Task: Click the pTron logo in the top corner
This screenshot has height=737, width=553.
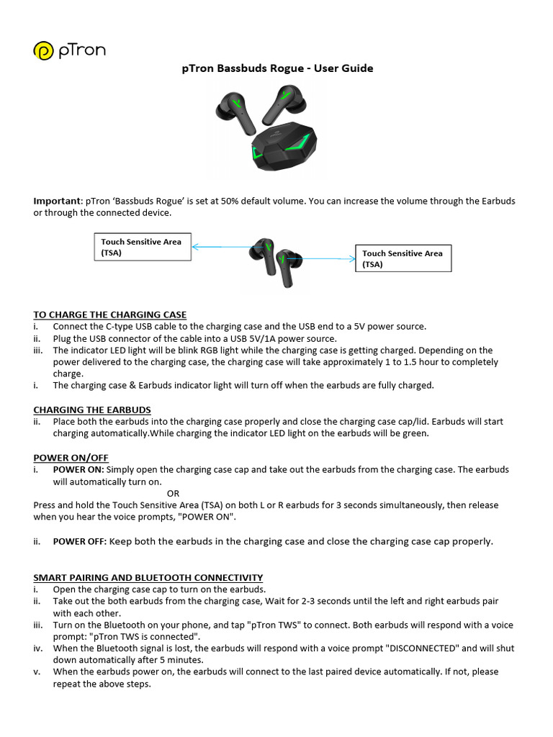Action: (68, 51)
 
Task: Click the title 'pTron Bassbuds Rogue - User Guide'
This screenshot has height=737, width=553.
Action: (276, 68)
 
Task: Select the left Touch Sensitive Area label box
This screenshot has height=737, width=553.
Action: (143, 247)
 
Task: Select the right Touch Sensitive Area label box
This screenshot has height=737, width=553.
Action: (403, 258)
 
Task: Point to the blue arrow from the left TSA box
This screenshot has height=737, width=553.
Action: (220, 247)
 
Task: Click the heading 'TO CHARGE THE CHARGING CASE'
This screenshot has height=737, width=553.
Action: (109, 315)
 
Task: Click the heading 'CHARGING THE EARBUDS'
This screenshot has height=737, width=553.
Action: (92, 410)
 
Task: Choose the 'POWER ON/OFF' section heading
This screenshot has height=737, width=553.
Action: (71, 457)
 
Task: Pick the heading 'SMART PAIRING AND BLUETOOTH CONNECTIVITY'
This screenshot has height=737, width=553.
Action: (148, 577)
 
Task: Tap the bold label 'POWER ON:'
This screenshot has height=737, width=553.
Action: (78, 469)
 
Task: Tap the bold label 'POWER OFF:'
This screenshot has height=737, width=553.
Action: (79, 541)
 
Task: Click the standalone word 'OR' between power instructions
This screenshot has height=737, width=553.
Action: (173, 494)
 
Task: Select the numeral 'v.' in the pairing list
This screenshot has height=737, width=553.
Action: (37, 672)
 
